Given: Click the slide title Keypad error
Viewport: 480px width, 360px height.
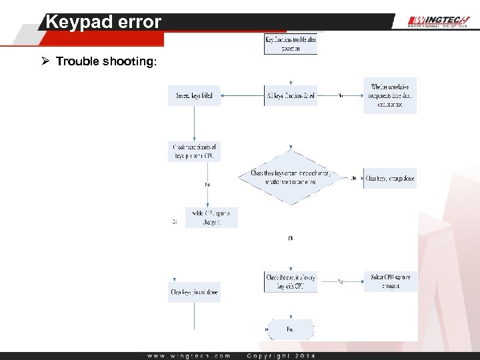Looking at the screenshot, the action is tap(103, 22).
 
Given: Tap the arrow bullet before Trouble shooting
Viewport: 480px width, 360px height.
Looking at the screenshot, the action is tap(45, 61).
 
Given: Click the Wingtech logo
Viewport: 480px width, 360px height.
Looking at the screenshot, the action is tap(438, 21).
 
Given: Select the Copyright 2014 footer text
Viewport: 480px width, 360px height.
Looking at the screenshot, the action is tap(281, 355).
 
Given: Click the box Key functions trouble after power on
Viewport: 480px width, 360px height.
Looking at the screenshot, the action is tap(291, 44).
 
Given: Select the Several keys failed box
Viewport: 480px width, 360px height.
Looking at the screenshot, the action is tap(194, 96).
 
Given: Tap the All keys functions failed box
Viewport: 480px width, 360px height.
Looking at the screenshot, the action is tap(291, 96).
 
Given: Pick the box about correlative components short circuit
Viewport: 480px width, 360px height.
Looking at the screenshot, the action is tap(389, 95).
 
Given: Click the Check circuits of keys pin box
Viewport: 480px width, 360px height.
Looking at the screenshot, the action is tap(194, 151).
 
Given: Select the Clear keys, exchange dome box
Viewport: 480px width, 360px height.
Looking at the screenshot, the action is tap(389, 178).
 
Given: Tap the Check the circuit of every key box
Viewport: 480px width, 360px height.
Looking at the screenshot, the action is tap(291, 281).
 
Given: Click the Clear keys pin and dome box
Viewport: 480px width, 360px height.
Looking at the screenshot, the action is tap(194, 292).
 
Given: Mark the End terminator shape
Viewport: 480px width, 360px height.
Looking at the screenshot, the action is tap(290, 329).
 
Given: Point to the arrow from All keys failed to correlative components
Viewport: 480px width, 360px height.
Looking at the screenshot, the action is tap(340, 96).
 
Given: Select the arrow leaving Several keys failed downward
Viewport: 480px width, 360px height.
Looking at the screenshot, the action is tap(194, 123).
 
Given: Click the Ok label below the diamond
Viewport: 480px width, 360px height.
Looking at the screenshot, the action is tap(291, 237).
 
